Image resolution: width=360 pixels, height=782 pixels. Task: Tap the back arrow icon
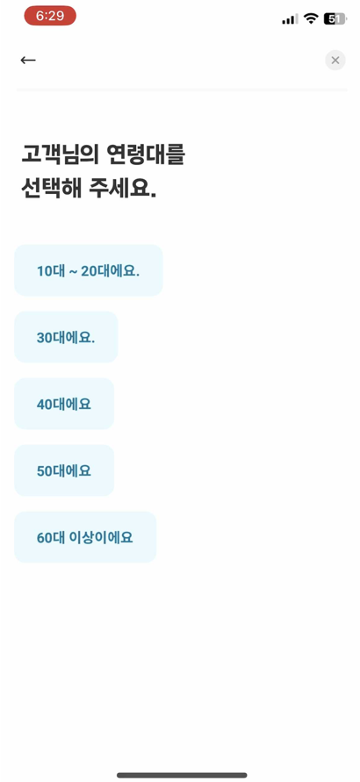click(28, 61)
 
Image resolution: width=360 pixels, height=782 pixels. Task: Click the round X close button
click(335, 61)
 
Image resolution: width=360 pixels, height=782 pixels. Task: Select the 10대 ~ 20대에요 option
click(89, 270)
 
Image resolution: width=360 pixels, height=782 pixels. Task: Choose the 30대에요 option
click(66, 337)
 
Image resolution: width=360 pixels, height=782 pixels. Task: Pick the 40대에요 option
click(64, 404)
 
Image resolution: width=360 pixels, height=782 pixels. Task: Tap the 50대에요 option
click(64, 470)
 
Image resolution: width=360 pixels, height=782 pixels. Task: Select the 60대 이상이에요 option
click(85, 537)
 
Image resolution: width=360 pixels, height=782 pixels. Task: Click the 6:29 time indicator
click(50, 16)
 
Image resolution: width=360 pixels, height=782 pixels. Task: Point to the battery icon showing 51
click(335, 19)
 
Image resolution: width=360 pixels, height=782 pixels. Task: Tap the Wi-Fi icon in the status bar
click(311, 19)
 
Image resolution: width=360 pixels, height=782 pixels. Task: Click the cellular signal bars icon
click(290, 19)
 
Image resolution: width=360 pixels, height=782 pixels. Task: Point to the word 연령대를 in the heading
click(146, 155)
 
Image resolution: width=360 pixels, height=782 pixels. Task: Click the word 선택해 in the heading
click(51, 189)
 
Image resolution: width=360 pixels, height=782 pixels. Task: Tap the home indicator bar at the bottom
click(182, 775)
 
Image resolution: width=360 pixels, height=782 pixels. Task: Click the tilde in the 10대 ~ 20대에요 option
click(73, 272)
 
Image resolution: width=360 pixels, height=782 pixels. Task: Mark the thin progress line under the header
click(182, 90)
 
